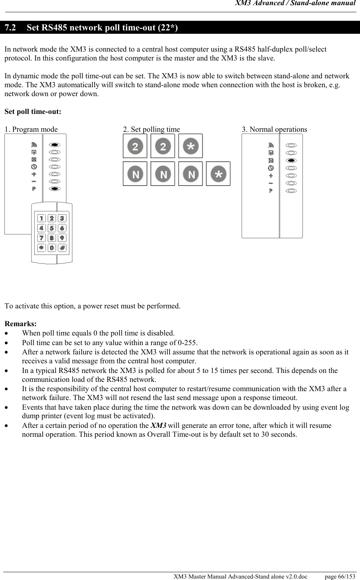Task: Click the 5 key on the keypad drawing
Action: [52, 228]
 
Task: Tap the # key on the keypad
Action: [62, 248]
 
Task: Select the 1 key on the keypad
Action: [42, 219]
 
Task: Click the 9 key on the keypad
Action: [62, 238]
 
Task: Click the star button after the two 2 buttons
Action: [190, 146]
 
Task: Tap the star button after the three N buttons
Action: [218, 174]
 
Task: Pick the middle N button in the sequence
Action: [163, 174]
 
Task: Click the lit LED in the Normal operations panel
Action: [291, 160]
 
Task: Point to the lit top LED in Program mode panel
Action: [55, 145]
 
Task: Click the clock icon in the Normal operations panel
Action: [271, 168]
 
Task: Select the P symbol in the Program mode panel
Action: [34, 189]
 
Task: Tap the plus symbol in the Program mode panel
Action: [34, 174]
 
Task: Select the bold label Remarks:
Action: [20, 324]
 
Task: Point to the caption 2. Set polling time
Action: [151, 129]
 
